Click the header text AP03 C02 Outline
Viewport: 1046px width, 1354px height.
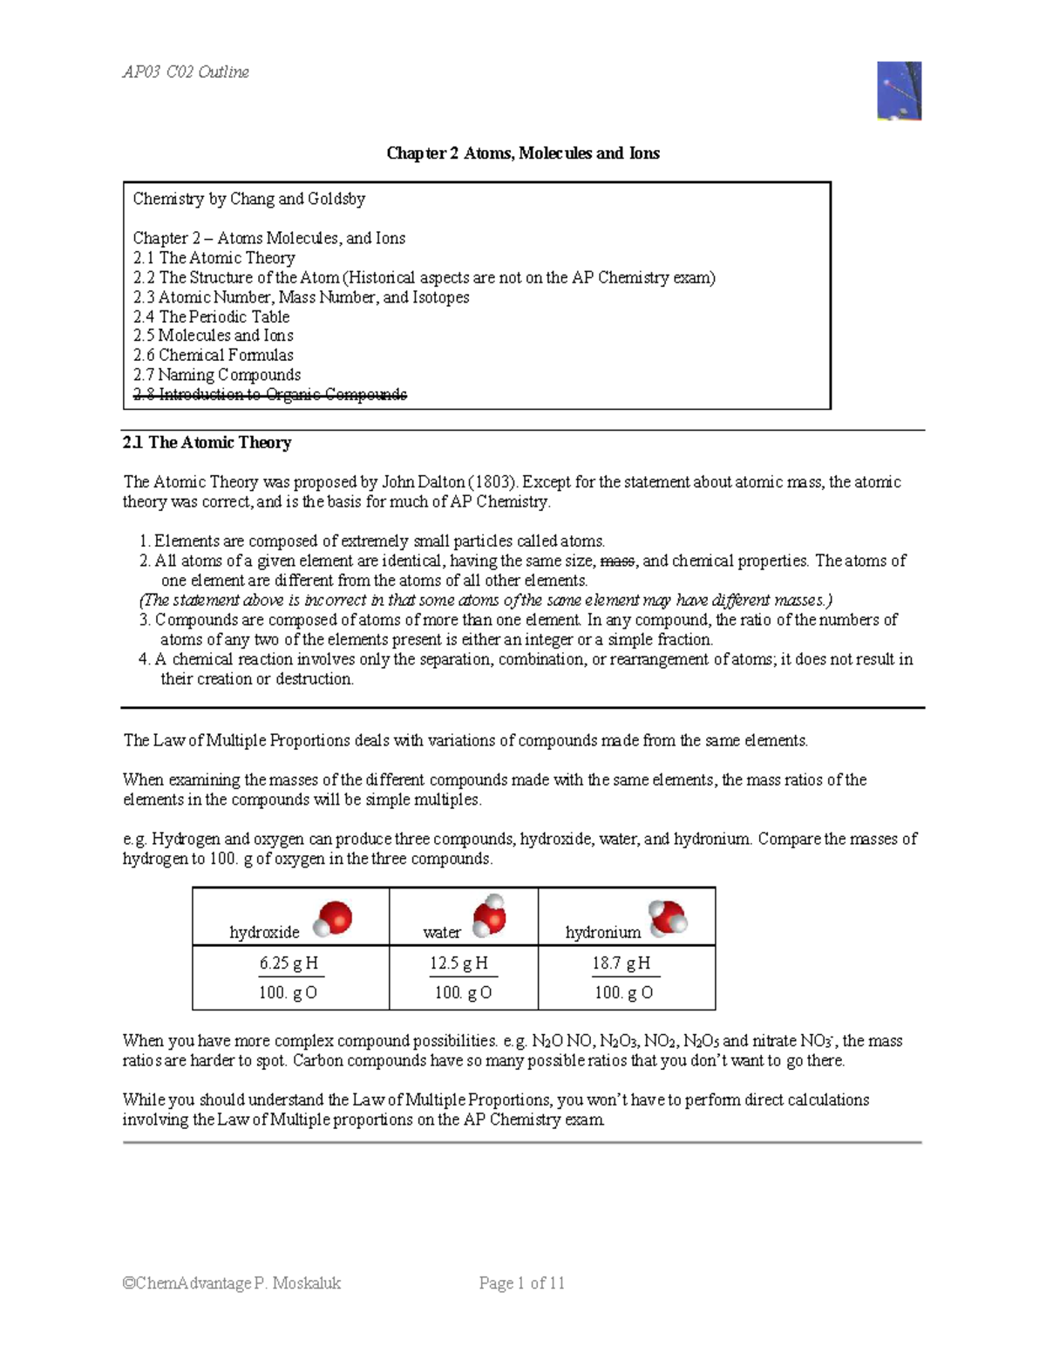pyautogui.click(x=186, y=72)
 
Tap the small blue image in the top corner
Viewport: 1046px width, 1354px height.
pyautogui.click(x=900, y=91)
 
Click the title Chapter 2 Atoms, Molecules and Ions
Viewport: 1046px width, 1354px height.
pyautogui.click(x=523, y=153)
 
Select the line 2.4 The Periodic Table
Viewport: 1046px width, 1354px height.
pyautogui.click(x=211, y=316)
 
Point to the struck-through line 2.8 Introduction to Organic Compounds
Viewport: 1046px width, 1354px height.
pyautogui.click(x=269, y=395)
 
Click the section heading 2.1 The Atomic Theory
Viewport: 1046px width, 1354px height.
pyautogui.click(x=207, y=443)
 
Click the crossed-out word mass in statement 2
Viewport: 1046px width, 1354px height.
pyautogui.click(x=618, y=561)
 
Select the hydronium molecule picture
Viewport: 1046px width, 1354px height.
pyautogui.click(x=669, y=918)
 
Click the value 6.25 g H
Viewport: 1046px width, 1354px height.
pyautogui.click(x=289, y=963)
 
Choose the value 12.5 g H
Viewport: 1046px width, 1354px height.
pyautogui.click(x=458, y=963)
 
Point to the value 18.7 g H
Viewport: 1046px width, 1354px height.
pyautogui.click(x=621, y=963)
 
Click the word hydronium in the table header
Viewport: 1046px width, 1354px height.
pyautogui.click(x=603, y=933)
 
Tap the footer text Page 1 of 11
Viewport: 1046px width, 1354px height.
pyautogui.click(x=522, y=1283)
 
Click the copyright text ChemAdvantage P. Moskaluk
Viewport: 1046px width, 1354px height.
pyautogui.click(x=232, y=1283)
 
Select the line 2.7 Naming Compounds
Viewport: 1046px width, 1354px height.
pyautogui.click(x=217, y=375)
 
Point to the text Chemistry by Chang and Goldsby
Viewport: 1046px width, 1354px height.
pyautogui.click(x=249, y=199)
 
